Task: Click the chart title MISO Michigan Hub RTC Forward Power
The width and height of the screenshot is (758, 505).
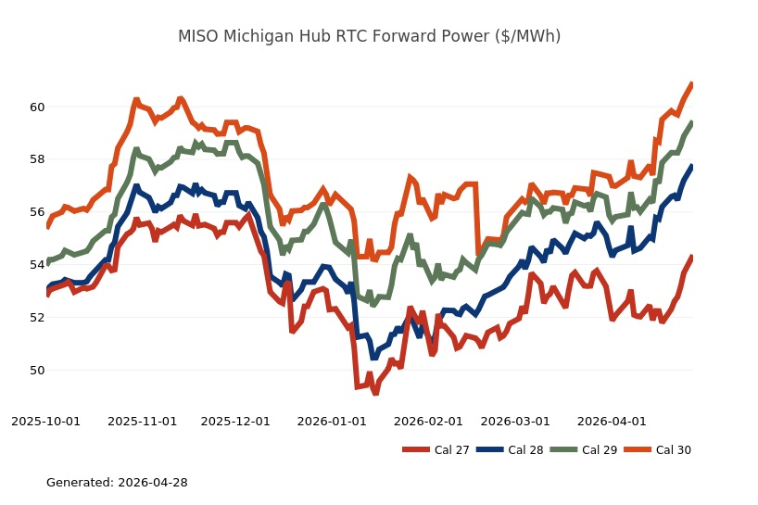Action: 369,36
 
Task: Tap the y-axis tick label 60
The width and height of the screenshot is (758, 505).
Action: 37,107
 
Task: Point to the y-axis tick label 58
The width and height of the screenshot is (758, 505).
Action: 37,159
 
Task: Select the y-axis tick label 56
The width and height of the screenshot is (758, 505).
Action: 37,212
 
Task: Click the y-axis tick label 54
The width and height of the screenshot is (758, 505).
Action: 37,265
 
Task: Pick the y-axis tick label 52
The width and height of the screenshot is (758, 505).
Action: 37,318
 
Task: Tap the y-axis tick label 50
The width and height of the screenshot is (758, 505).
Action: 37,371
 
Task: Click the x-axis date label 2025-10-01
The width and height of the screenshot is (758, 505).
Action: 45,422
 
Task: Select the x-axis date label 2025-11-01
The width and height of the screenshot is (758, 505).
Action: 142,422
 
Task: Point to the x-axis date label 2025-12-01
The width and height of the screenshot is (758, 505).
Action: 235,422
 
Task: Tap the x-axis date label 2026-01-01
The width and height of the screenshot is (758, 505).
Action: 332,422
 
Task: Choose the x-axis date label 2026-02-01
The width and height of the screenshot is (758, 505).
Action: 428,422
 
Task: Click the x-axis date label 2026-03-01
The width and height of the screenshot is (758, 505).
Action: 515,422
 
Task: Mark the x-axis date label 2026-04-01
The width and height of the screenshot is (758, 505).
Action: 612,422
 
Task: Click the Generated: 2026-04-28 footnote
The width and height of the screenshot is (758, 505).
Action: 117,483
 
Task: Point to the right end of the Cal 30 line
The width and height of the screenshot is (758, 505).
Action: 691,84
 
